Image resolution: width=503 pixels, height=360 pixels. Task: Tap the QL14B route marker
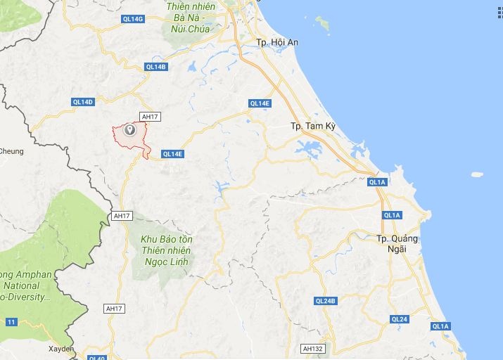click(156, 67)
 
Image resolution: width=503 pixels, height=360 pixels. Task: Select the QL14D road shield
click(83, 102)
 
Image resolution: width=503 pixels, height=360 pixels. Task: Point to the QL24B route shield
click(326, 301)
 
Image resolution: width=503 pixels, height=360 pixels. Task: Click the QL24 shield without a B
click(399, 319)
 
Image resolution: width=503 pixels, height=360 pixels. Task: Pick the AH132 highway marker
click(312, 349)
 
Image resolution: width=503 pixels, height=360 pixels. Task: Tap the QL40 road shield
click(97, 357)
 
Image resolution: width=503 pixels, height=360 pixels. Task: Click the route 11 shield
click(11, 321)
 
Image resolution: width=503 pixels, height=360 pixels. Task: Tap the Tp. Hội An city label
click(278, 43)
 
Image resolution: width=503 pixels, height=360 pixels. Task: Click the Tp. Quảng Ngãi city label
click(397, 243)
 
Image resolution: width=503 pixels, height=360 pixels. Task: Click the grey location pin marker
click(129, 130)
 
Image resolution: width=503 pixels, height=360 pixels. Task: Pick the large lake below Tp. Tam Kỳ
click(309, 149)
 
